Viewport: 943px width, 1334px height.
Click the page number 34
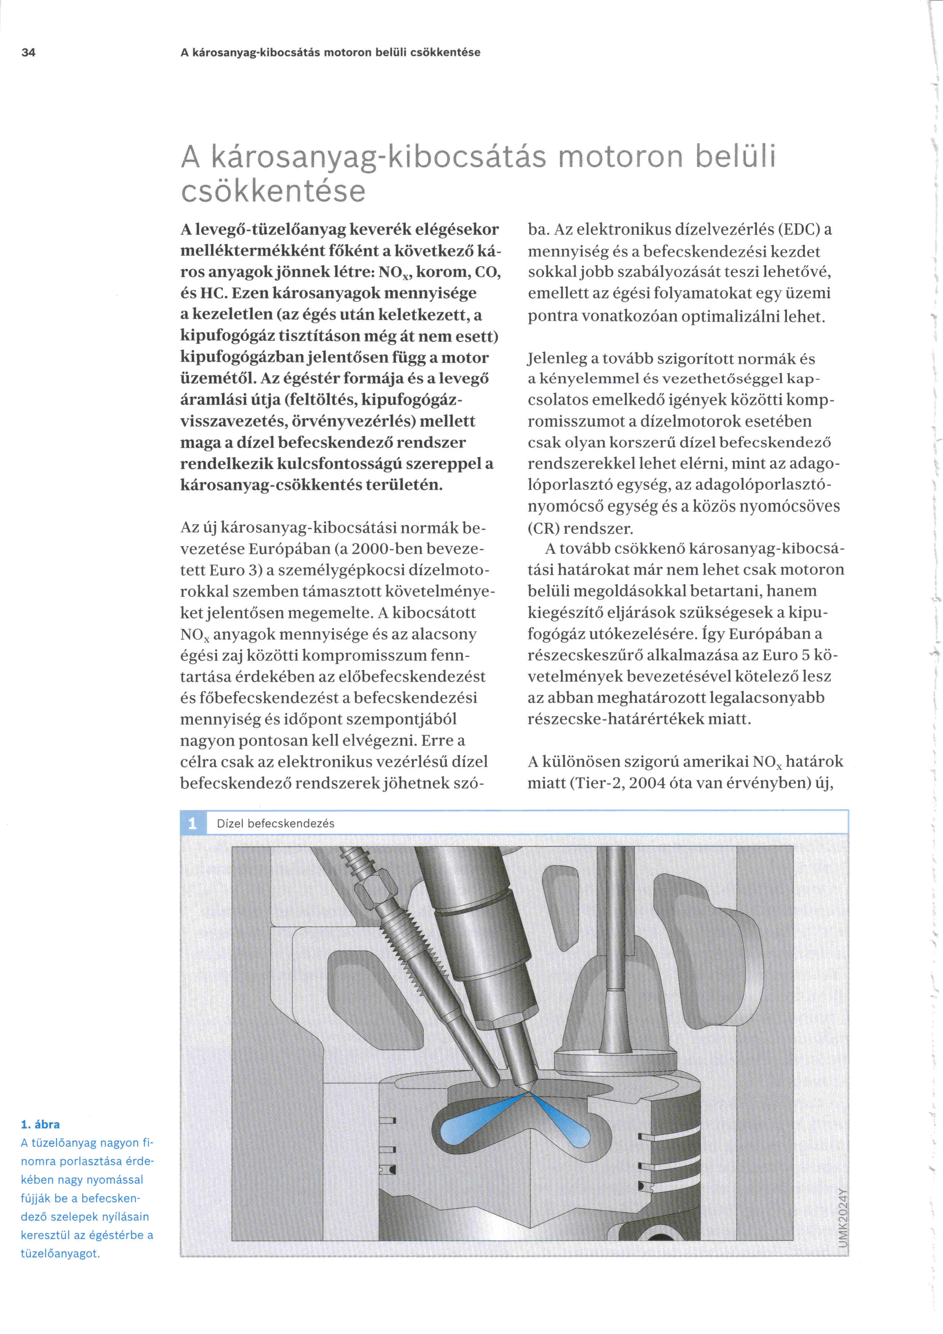28,52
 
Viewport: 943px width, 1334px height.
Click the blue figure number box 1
193,823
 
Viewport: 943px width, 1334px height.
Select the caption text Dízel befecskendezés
275,823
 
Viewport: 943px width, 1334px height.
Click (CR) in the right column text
542,528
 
